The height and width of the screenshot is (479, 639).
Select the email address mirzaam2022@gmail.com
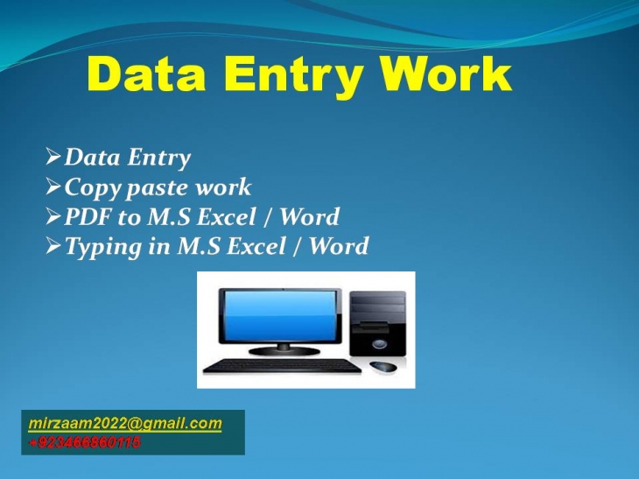pyautogui.click(x=125, y=424)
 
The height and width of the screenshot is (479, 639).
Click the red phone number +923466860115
pyautogui.click(x=84, y=442)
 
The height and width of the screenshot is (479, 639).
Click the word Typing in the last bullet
pyautogui.click(x=103, y=247)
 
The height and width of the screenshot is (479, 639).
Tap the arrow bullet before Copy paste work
pyautogui.click(x=53, y=187)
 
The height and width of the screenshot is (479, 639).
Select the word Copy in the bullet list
pyautogui.click(x=92, y=187)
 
